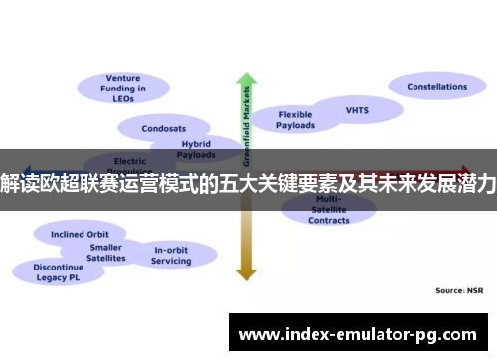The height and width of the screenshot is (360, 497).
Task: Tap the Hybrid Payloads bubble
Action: [x=195, y=149]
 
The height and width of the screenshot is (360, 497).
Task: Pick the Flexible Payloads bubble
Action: [x=295, y=120]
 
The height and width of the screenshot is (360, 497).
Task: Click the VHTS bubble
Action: [x=357, y=110]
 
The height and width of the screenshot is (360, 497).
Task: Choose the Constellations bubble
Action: [x=436, y=87]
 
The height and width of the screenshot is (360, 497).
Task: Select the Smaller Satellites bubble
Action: [x=106, y=253]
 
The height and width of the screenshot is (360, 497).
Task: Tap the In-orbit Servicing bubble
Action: [x=171, y=254]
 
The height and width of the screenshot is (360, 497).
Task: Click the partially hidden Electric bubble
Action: [x=130, y=160]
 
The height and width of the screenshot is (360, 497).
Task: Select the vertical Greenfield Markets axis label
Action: [x=247, y=124]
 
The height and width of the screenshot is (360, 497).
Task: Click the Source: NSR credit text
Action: [x=460, y=290]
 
